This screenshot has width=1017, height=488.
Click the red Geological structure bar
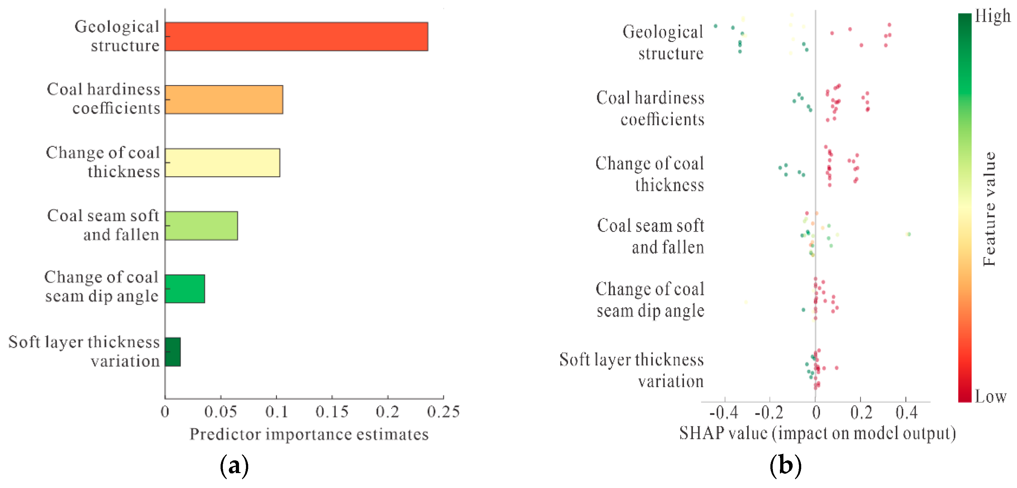pyautogui.click(x=297, y=36)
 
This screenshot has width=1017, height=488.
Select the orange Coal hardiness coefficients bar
pyautogui.click(x=224, y=99)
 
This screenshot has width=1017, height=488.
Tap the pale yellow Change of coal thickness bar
pyautogui.click(x=223, y=163)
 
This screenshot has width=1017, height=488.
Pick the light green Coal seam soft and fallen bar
pyautogui.click(x=201, y=226)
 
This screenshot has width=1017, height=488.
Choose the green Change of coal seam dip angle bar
pyautogui.click(x=185, y=288)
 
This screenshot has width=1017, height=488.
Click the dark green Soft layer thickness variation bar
pyautogui.click(x=173, y=352)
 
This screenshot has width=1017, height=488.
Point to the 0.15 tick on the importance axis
pyautogui.click(x=332, y=397)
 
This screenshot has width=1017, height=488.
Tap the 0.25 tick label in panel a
pyautogui.click(x=444, y=412)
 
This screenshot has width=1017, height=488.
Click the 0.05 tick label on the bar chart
pyautogui.click(x=221, y=412)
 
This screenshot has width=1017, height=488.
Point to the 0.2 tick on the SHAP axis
pyautogui.click(x=861, y=400)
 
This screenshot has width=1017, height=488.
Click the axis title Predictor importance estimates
pyautogui.click(x=309, y=434)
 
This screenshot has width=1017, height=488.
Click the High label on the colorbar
pyautogui.click(x=993, y=16)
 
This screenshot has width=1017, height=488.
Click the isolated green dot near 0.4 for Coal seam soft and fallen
pyautogui.click(x=908, y=234)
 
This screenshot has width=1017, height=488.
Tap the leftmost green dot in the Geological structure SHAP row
pyautogui.click(x=715, y=26)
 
